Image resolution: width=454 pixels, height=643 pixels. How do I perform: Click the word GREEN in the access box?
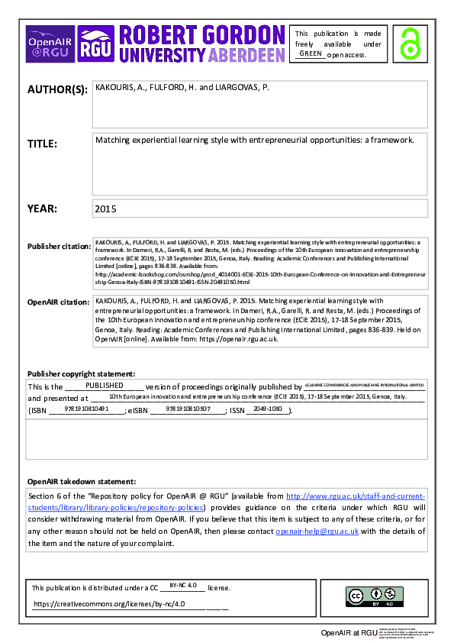pos(311,54)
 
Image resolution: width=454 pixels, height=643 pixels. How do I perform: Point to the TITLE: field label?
pos(42,143)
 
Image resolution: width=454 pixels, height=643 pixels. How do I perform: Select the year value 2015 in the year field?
pos(105,208)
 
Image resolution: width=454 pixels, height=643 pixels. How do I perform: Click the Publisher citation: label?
pos(58,247)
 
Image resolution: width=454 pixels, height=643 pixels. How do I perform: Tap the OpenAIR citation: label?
pos(58,302)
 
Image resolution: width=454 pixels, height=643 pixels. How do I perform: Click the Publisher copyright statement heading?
pos(81,373)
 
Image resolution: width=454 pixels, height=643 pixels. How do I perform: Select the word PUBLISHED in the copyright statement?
pos(104,386)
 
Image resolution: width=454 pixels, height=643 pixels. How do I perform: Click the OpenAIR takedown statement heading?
pos(82,482)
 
